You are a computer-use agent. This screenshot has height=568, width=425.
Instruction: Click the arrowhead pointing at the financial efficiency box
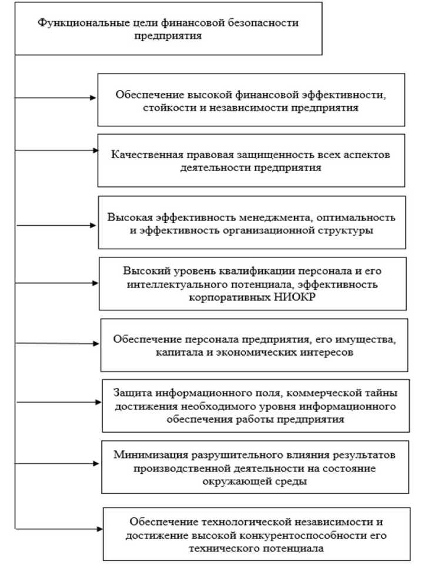coord(93,98)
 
